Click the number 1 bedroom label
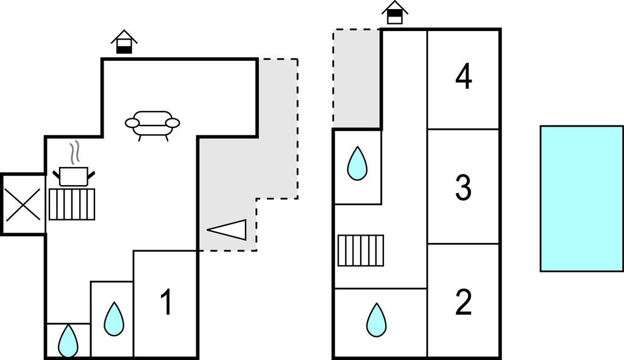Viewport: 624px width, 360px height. [165, 302]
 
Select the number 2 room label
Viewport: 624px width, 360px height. [464, 302]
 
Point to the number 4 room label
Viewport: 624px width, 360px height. [464, 77]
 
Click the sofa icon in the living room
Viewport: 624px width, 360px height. [152, 124]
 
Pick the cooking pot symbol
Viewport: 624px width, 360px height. [74, 177]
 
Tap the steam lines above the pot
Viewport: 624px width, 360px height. [74, 154]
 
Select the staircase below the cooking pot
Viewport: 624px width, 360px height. [72, 204]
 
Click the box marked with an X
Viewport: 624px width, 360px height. [23, 204]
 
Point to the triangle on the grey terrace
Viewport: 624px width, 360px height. [230, 230]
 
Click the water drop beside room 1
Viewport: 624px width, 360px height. [113, 319]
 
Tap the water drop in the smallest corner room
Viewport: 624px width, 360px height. [68, 341]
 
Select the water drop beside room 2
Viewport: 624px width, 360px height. [377, 320]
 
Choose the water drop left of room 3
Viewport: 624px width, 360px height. [357, 163]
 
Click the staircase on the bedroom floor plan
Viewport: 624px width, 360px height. [361, 250]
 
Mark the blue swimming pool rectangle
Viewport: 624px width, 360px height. [581, 198]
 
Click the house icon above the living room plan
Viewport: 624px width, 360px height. [124, 42]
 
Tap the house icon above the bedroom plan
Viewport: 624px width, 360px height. [395, 12]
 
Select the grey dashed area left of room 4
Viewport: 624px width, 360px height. [356, 78]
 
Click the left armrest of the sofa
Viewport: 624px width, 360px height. [132, 123]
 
